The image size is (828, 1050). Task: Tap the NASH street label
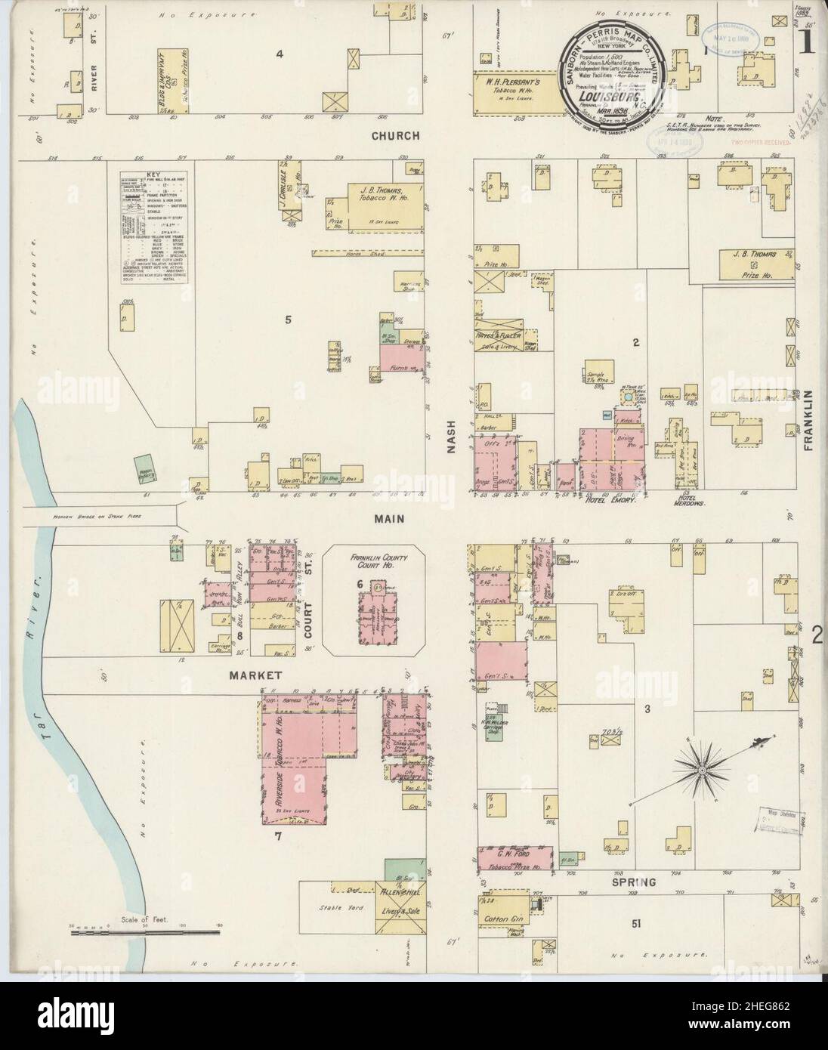(452, 437)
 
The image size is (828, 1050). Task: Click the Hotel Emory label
(613, 500)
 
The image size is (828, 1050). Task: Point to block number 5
(288, 320)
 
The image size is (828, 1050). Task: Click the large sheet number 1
(807, 43)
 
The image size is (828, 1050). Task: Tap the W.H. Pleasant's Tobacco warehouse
(515, 89)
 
